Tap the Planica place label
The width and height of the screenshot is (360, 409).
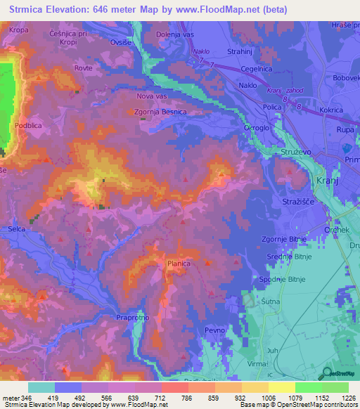179,264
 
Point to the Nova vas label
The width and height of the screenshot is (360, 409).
153,96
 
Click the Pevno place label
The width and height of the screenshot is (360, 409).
213,330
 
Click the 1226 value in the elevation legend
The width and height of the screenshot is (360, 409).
342,398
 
